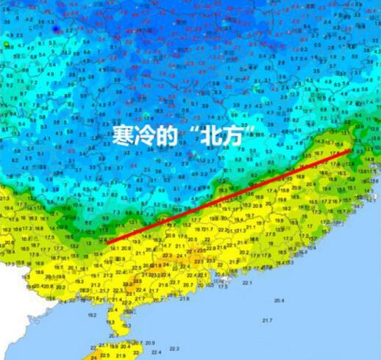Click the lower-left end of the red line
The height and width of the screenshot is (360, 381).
coord(107,241)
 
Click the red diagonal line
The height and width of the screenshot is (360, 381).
coord(229,195)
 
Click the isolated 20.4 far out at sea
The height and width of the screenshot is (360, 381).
coord(279,300)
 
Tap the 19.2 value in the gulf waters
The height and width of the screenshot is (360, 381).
coord(92,314)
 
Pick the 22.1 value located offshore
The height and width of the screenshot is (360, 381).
coord(246,282)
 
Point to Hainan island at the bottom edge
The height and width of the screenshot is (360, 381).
coord(118,351)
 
